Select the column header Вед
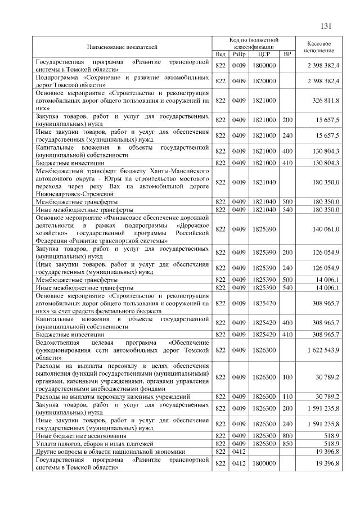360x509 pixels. pos(220,54)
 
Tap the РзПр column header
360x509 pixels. pos(238,54)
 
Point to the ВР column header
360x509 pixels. pos(287,54)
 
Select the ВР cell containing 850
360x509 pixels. pos(287,443)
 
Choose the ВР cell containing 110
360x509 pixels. pos(287,397)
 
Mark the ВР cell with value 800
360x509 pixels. pos(287,435)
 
